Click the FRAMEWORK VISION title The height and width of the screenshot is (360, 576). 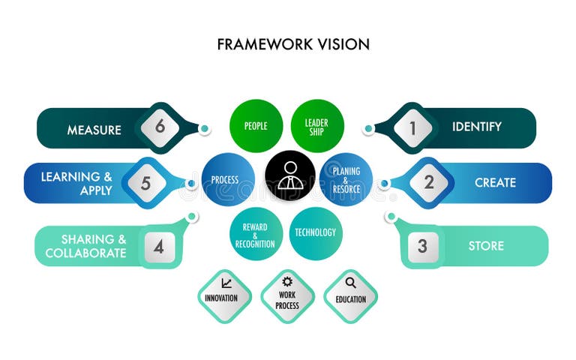point(293,44)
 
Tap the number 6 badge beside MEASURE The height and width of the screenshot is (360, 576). point(160,127)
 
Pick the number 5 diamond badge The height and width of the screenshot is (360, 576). point(145,182)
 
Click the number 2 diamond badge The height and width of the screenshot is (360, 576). point(429,182)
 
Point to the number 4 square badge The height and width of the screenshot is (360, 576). point(159,245)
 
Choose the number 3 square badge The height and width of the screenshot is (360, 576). point(422,245)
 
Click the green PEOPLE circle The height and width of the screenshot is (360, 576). point(256,126)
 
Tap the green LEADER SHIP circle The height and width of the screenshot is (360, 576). point(316,126)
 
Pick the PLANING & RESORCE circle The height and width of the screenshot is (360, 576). point(346,180)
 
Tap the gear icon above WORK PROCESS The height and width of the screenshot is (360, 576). point(287,283)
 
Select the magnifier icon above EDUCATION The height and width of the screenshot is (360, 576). point(351,283)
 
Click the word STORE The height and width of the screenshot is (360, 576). point(486,246)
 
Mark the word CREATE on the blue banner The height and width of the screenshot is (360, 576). point(495,182)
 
